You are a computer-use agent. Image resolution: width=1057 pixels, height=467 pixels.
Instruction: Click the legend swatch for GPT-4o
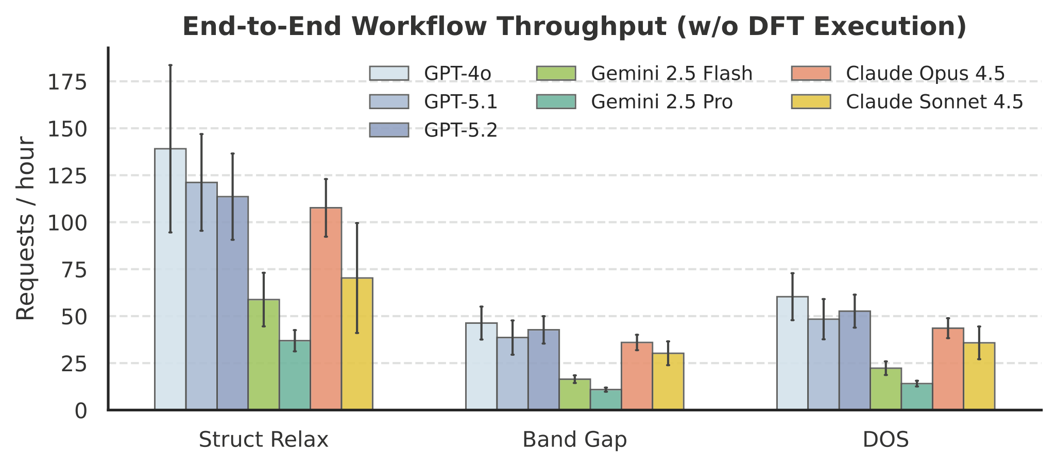[389, 73]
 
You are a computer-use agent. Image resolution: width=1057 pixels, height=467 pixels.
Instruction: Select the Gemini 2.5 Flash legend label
[672, 74]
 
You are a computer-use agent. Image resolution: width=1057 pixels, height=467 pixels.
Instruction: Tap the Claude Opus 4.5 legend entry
[925, 74]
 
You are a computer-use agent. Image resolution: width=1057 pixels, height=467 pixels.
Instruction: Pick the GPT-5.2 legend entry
[461, 130]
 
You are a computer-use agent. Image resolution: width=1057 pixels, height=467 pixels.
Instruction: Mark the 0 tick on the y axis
[80, 411]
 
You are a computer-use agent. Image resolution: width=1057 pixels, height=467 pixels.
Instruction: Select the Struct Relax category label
[263, 440]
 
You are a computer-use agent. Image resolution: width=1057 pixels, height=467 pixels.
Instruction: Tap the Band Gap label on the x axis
[574, 440]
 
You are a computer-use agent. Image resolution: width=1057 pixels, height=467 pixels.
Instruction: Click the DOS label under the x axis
[885, 440]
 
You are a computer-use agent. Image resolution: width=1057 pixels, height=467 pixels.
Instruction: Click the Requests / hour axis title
[26, 229]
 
